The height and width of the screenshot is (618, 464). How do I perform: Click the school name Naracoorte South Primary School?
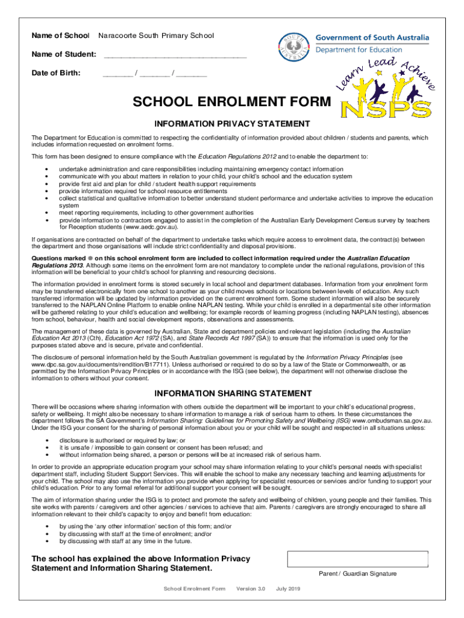click(x=156, y=36)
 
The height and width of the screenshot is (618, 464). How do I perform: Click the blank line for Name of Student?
click(x=175, y=56)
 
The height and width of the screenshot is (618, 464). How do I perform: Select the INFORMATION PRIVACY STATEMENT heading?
click(x=232, y=124)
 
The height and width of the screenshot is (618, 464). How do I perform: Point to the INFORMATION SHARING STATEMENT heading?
click(x=232, y=393)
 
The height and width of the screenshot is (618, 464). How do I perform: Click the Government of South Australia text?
click(x=372, y=38)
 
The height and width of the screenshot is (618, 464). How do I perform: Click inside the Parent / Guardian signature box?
click(x=358, y=559)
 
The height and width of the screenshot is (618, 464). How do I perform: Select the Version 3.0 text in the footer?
click(x=251, y=589)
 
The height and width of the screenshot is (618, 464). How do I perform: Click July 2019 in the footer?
click(x=288, y=589)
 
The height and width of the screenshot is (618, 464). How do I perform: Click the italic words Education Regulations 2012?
click(x=237, y=157)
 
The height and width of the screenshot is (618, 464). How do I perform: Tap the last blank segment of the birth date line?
click(x=192, y=75)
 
